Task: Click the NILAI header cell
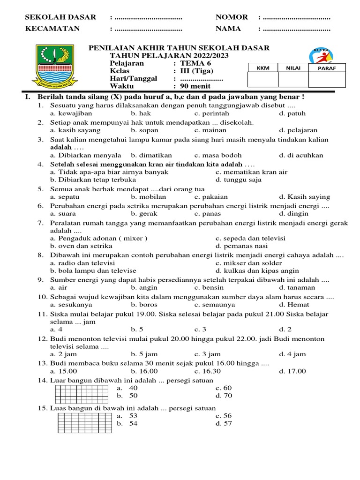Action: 293,68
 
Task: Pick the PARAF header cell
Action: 327,68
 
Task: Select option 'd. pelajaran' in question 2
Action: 298,130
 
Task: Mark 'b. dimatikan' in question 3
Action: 151,155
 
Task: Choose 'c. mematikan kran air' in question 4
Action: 251,172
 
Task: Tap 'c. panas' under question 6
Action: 208,214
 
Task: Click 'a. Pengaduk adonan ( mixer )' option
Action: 99,238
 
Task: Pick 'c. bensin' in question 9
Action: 209,288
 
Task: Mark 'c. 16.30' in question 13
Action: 207,371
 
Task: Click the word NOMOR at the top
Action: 232,17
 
